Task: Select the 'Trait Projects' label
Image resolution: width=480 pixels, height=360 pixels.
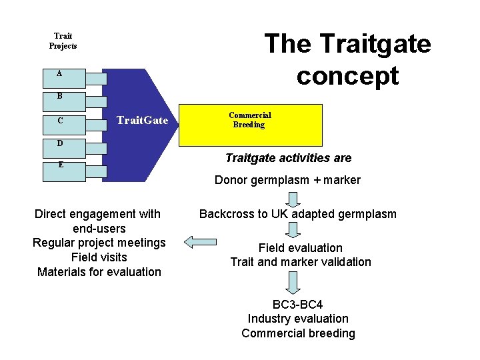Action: coord(63,41)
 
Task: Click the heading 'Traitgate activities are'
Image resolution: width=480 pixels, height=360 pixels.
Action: coord(288,158)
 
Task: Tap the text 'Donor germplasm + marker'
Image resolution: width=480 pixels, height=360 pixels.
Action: coord(287,180)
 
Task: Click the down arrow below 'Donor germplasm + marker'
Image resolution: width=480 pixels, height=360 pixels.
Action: coord(293,198)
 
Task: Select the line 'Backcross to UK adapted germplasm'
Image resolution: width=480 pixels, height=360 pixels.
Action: coord(297,214)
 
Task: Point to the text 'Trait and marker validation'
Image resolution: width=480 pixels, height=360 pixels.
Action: coord(301,262)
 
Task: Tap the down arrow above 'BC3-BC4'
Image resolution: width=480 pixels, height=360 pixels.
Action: coord(293,283)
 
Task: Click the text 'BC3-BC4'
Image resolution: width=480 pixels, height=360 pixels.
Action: coord(298,305)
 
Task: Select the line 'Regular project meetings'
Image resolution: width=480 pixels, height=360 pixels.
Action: coord(99,243)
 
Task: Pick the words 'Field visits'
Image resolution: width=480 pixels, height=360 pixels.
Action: coord(99,257)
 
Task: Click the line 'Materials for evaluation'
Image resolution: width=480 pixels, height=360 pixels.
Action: coord(99,272)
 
